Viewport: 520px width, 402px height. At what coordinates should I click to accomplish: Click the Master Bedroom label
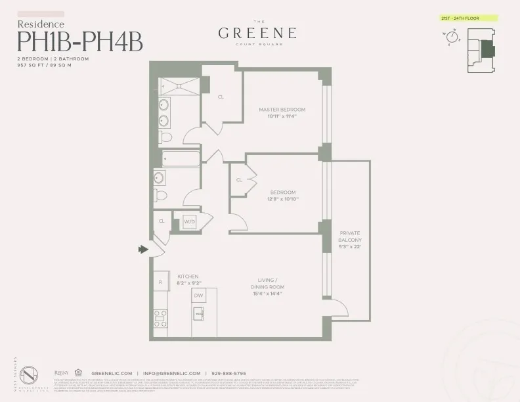[282, 109]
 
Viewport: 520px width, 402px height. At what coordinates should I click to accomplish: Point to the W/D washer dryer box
[190, 222]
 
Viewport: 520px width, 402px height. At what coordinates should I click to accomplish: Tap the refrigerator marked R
[160, 282]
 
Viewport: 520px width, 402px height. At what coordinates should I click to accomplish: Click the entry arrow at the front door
[142, 250]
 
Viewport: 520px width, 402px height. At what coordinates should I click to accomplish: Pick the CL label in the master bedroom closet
[221, 97]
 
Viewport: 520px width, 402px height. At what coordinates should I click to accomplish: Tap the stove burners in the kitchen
[160, 318]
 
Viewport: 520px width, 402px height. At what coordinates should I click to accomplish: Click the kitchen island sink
[198, 313]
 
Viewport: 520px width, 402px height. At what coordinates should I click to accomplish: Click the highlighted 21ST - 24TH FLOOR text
[466, 18]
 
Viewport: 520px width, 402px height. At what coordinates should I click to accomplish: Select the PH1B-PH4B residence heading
[79, 41]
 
